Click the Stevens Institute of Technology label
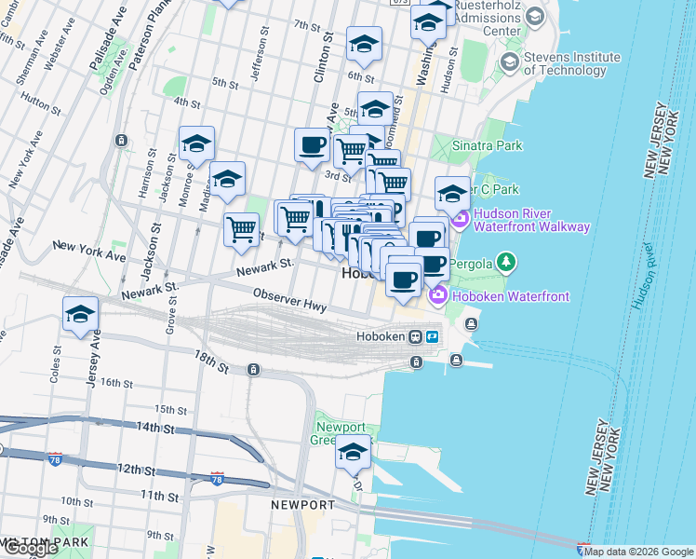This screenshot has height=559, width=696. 565,63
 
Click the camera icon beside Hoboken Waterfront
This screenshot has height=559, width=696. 437,296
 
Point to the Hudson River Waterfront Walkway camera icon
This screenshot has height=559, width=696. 460,219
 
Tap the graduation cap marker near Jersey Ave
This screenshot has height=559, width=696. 81,314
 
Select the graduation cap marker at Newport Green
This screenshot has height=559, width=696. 353,453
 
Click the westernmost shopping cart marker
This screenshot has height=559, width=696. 241,227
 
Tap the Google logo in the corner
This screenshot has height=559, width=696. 31,548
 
